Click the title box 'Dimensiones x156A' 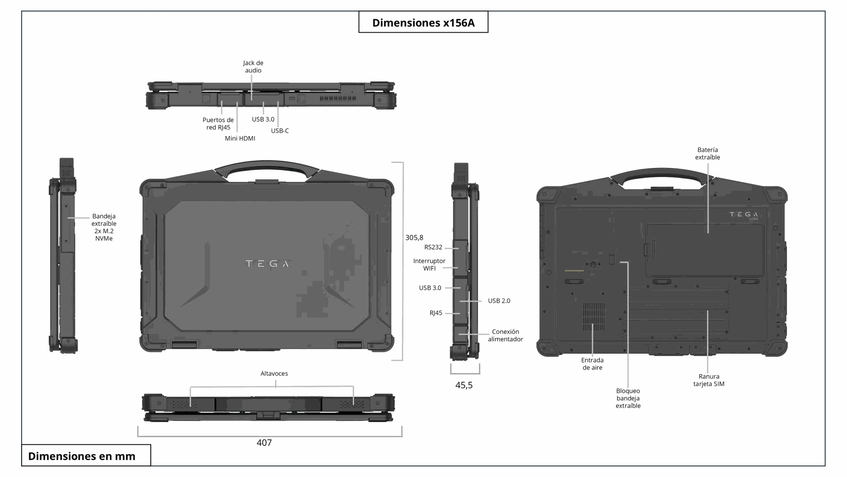(423, 22)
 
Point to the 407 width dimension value (264, 443)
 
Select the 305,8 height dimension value (414, 238)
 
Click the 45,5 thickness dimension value (464, 385)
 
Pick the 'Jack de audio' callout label (253, 67)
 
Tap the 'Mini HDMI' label (240, 138)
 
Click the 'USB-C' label (280, 131)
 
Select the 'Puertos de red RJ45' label (218, 124)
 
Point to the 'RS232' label (433, 247)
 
